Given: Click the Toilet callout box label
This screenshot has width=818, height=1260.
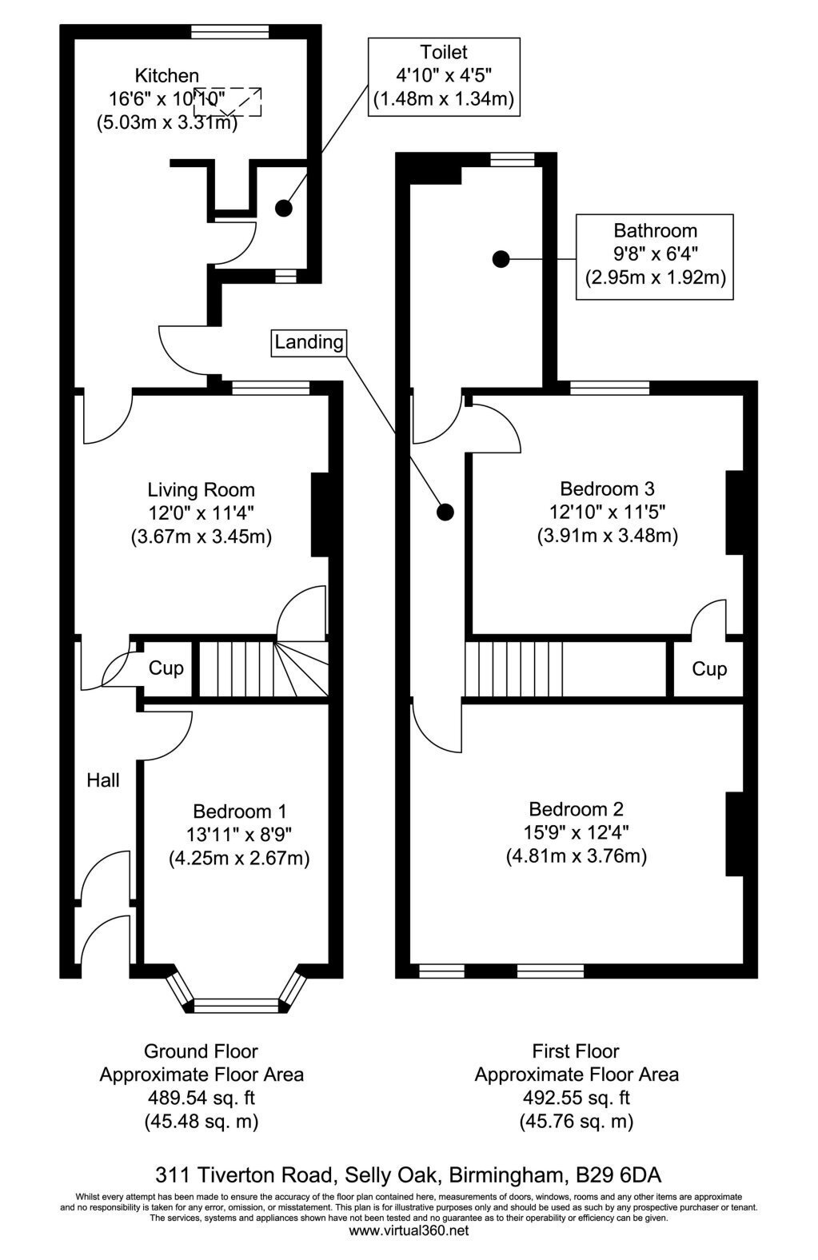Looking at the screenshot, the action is point(444,77).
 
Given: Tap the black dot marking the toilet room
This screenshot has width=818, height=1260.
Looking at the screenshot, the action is point(284,208).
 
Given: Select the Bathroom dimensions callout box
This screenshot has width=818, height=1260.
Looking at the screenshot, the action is point(655,257).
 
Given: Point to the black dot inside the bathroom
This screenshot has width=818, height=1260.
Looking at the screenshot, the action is point(501,259).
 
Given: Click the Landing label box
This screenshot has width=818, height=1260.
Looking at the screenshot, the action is point(309,342).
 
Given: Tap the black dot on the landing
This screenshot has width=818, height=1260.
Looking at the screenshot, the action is point(445,512).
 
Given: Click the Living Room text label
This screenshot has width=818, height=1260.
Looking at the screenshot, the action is point(201,490).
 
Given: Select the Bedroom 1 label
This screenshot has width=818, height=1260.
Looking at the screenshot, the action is point(240,811).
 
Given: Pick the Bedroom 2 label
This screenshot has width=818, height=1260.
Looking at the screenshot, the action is point(576,809).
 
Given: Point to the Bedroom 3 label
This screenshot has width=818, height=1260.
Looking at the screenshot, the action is point(607,488).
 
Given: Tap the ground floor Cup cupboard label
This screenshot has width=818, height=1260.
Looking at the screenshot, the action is point(166,668).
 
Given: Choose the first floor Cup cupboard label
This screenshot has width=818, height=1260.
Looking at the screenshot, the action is point(709,669).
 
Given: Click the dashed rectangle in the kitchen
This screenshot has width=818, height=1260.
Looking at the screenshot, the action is point(227,102).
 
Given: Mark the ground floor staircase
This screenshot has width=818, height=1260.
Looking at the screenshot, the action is point(263,669).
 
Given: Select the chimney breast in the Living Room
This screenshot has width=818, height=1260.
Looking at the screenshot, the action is point(320,515).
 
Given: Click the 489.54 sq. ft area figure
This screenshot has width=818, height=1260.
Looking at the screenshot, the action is point(202,1098).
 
